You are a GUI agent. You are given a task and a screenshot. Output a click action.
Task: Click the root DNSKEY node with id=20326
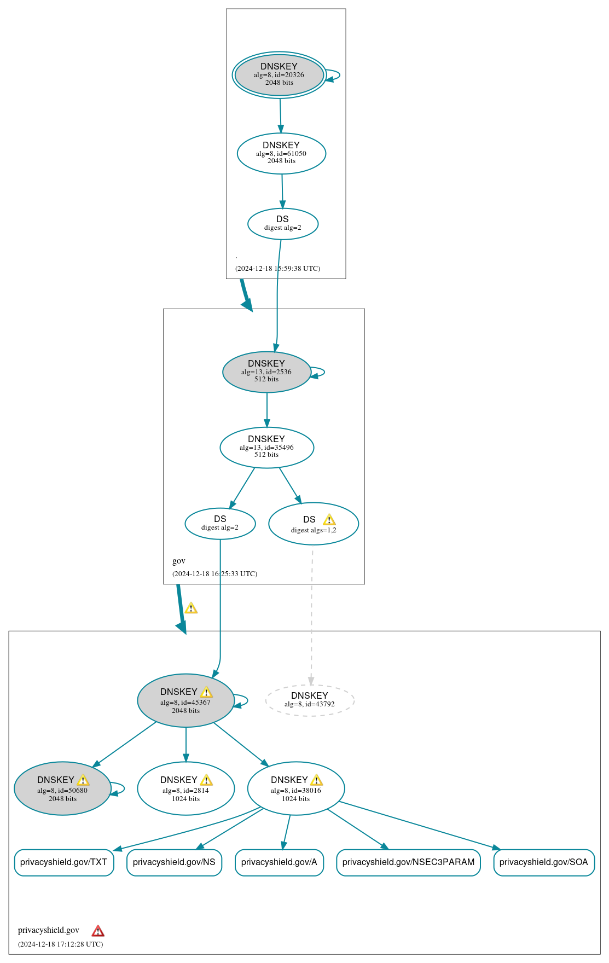[x=279, y=75]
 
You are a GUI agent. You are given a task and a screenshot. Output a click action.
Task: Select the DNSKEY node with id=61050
[x=281, y=153]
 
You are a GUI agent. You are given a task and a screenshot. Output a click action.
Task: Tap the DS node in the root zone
[x=282, y=223]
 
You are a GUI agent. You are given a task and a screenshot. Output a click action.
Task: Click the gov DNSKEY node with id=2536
[x=266, y=372]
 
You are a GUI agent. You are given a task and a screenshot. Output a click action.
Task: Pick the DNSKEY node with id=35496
[x=266, y=447]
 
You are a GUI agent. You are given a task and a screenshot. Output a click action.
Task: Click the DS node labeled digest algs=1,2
[x=313, y=524]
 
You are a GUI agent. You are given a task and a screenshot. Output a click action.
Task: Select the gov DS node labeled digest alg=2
[x=220, y=523]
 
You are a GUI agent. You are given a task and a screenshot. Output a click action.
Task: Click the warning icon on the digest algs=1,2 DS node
[x=329, y=519]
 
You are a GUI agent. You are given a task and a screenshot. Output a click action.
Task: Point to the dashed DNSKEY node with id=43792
[x=310, y=700]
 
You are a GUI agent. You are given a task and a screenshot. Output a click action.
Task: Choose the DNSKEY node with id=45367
[x=185, y=700]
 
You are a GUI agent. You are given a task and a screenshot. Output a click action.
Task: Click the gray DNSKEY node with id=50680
[x=62, y=788]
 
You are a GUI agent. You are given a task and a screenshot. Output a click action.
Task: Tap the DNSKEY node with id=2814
[x=185, y=788]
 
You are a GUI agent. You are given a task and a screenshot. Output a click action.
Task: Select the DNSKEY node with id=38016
[x=295, y=788]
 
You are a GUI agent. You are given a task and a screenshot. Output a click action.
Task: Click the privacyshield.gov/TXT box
[x=64, y=862]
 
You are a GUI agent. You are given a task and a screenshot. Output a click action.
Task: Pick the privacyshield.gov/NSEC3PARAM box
[x=408, y=862]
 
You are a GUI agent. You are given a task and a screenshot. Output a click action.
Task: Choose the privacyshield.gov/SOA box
[x=543, y=862]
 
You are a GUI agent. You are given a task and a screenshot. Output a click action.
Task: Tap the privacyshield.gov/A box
[x=279, y=862]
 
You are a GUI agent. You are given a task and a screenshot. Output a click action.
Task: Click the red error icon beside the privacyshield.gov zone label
[x=98, y=931]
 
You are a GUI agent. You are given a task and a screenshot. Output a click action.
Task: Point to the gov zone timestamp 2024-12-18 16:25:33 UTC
[x=214, y=573]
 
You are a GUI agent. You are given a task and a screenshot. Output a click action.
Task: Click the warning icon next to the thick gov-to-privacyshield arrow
[x=190, y=608]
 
